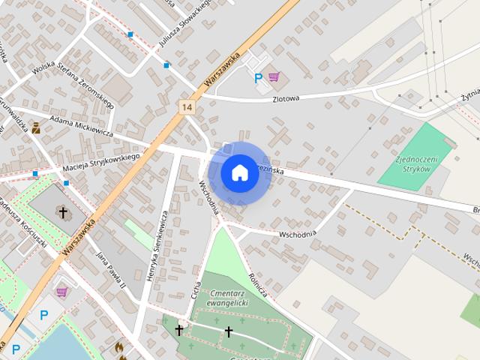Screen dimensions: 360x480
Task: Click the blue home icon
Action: click(239, 172)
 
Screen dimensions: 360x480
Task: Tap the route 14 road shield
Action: click(187, 107)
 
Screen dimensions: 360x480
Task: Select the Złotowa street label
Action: click(286, 98)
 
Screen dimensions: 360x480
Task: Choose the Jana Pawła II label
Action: click(109, 269)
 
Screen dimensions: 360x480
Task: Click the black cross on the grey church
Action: click(63, 212)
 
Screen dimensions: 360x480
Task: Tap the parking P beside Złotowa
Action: click(259, 77)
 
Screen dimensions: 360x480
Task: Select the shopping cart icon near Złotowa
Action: click(274, 76)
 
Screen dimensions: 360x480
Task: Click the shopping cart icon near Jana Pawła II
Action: click(62, 291)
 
